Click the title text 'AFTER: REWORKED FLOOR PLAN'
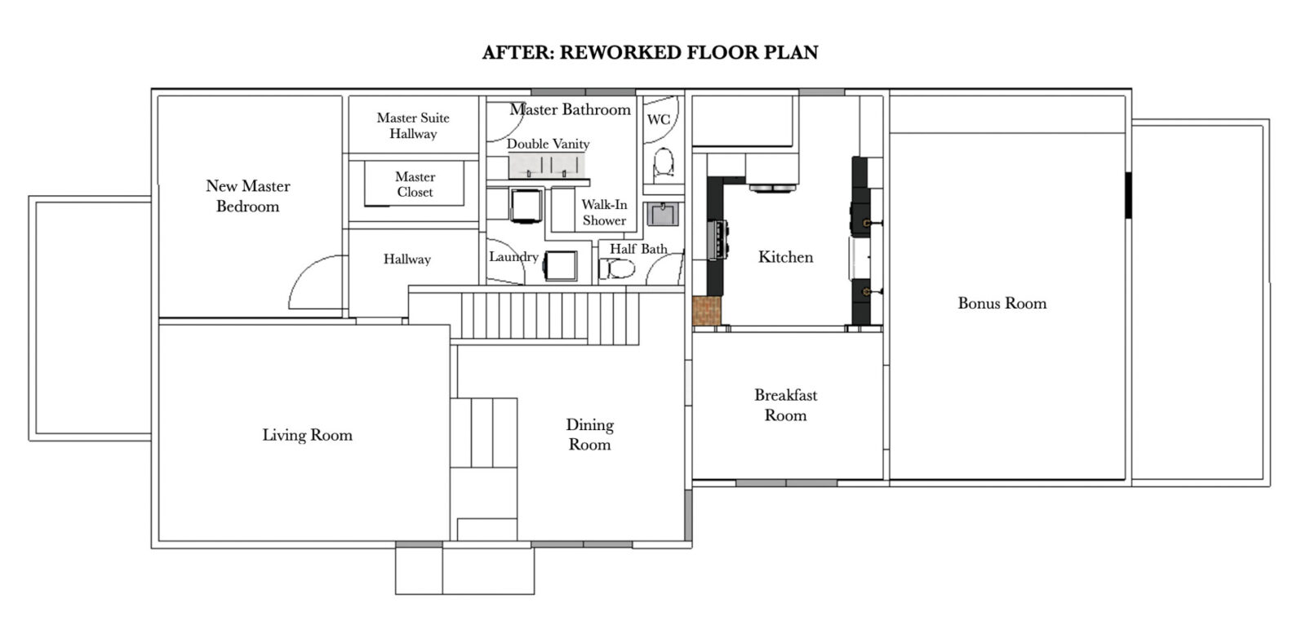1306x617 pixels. pyautogui.click(x=650, y=53)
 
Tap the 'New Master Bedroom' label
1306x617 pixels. pyautogui.click(x=247, y=196)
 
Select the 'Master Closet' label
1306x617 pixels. pyautogui.click(x=415, y=184)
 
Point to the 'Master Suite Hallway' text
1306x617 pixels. pyautogui.click(x=413, y=126)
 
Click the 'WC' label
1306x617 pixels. pyautogui.click(x=659, y=120)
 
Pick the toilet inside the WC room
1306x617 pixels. pyautogui.click(x=664, y=163)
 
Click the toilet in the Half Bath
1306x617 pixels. pyautogui.click(x=618, y=269)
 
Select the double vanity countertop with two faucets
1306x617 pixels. pyautogui.click(x=548, y=166)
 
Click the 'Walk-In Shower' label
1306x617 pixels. pyautogui.click(x=604, y=212)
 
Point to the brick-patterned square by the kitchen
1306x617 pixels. pyautogui.click(x=707, y=311)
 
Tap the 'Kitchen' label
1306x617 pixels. pyautogui.click(x=785, y=257)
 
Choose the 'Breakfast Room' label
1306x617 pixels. pyautogui.click(x=785, y=405)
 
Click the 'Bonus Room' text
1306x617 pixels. pyautogui.click(x=1002, y=304)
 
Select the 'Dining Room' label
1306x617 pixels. pyautogui.click(x=589, y=434)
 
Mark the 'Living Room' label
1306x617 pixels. pyautogui.click(x=307, y=435)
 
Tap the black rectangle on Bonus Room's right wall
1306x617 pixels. pyautogui.click(x=1128, y=195)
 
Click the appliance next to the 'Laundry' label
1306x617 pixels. pyautogui.click(x=561, y=266)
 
